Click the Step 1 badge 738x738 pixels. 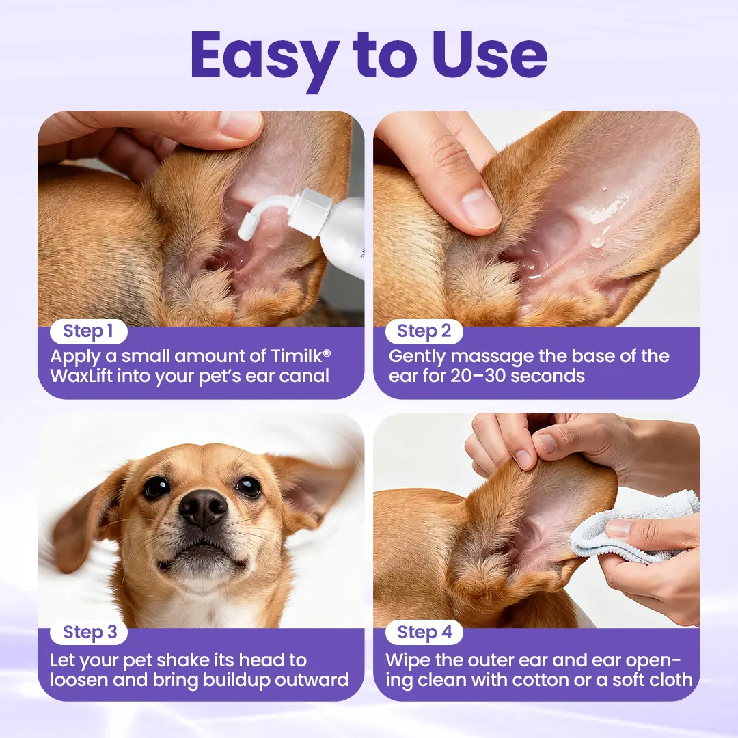88,332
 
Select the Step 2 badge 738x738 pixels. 424,332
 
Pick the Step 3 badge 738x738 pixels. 90,633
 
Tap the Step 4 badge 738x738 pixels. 424,633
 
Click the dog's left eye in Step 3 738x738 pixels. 156,487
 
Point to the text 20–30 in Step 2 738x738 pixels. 476,376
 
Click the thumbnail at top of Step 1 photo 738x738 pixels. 239,124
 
